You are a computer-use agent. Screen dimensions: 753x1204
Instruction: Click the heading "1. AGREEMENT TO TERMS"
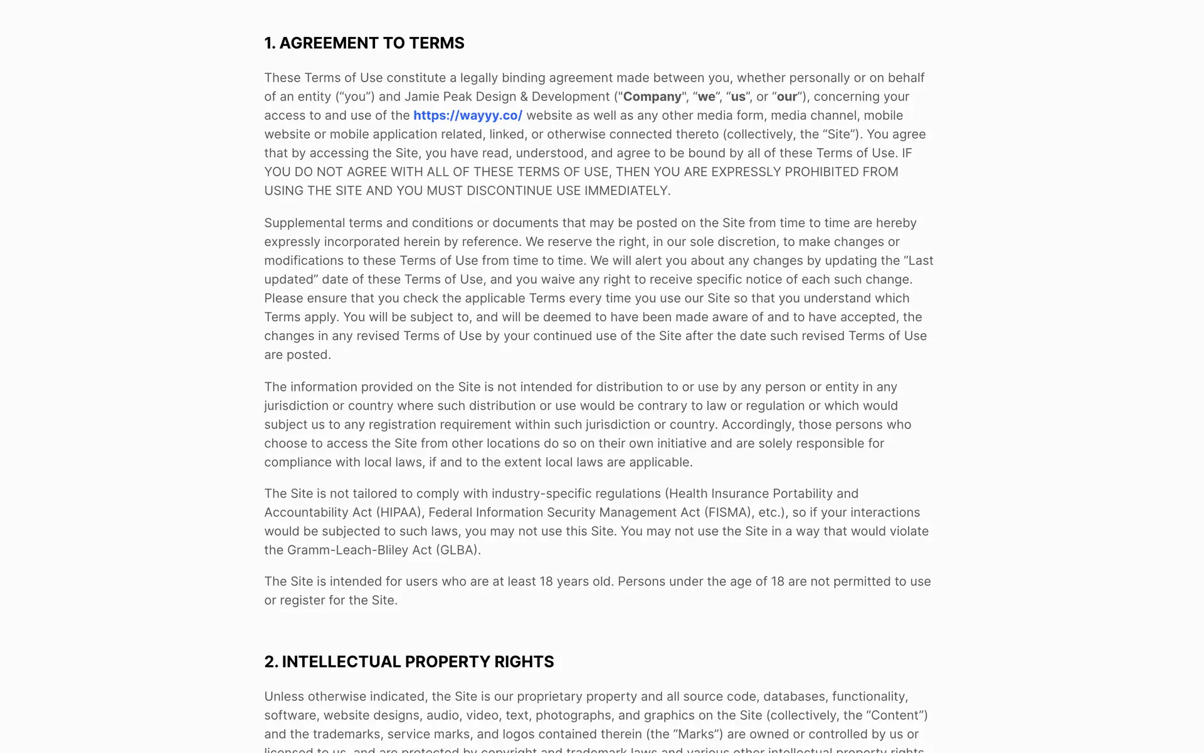[x=364, y=43]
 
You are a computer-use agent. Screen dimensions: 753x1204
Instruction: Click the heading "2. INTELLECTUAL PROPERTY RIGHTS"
[x=409, y=662]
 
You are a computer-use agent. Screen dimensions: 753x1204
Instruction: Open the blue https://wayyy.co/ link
[x=468, y=115]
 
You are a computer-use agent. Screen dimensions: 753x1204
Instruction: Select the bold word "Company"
[x=652, y=97]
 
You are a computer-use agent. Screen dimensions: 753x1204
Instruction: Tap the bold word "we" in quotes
[x=706, y=97]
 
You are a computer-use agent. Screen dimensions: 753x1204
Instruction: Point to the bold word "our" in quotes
[x=787, y=97]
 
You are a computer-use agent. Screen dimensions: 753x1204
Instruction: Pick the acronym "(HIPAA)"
[x=399, y=513]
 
